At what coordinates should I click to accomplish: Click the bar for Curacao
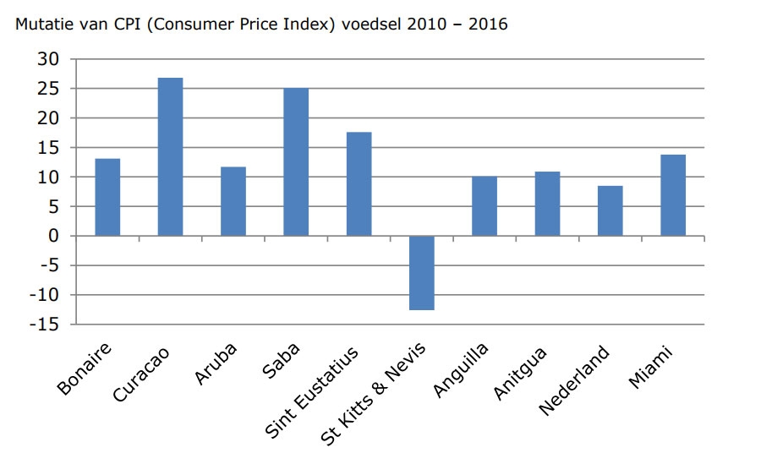(170, 157)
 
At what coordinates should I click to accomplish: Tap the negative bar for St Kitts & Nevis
(421, 273)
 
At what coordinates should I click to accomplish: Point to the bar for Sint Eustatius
(359, 184)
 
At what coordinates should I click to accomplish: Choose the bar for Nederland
(610, 211)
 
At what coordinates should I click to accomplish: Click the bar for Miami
(672, 195)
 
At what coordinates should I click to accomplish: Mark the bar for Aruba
(233, 202)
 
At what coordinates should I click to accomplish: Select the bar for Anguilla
(484, 206)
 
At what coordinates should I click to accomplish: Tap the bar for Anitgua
(547, 204)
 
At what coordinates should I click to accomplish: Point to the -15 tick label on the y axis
(45, 325)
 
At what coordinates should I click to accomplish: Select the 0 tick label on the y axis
(54, 237)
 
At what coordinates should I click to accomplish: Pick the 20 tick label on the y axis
(48, 118)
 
